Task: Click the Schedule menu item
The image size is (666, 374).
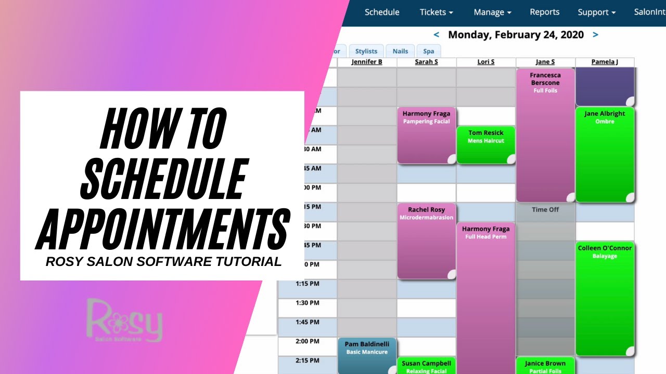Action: coord(382,12)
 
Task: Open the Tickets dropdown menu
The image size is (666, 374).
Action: coord(436,12)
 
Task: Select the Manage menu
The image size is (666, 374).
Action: coord(492,12)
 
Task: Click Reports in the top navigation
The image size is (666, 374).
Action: coord(544,12)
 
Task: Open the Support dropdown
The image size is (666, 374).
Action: coord(596,12)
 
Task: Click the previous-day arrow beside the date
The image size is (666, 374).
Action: coord(437,35)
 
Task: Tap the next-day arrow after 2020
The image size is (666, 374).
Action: coord(595,35)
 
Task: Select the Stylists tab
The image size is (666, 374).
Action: coord(366,51)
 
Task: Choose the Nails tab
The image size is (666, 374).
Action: coord(400,51)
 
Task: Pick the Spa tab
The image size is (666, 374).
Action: coord(428,51)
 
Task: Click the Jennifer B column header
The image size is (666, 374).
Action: coord(367,62)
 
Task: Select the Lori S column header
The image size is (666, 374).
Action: coord(486,62)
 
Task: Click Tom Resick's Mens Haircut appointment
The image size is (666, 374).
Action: coord(486,144)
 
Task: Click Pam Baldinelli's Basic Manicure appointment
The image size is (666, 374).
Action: coord(367,356)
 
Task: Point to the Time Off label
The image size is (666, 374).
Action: coord(545,210)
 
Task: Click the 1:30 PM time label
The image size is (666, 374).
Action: coord(307,303)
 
